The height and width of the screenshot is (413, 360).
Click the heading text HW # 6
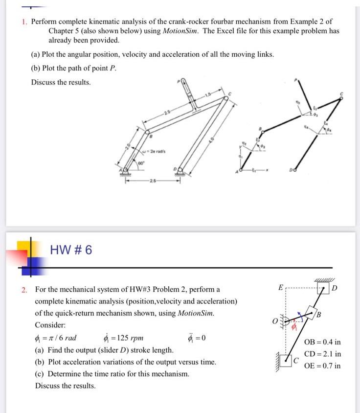[71, 251]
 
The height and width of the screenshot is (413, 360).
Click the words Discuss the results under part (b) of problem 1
[61, 82]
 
